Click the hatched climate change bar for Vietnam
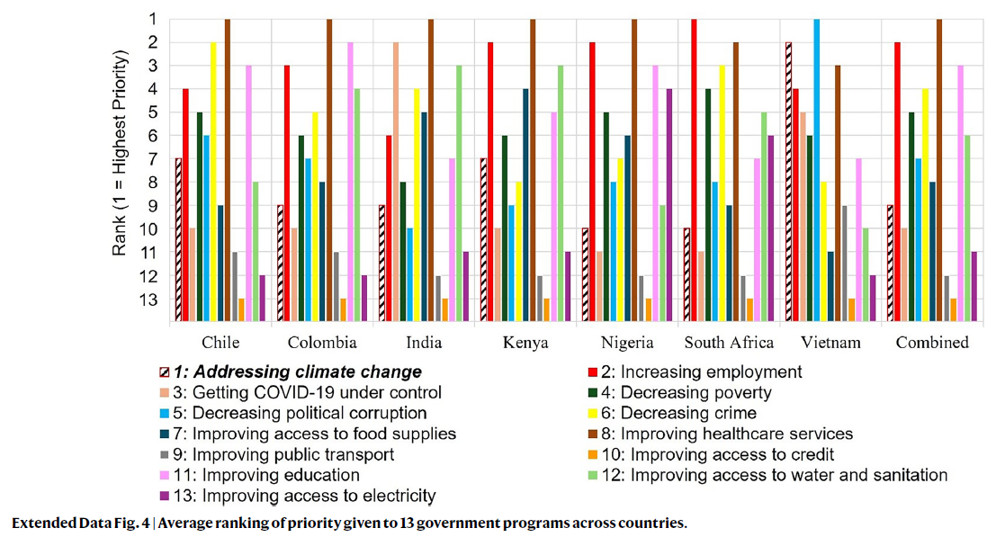pos(789,181)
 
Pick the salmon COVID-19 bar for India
pos(396,181)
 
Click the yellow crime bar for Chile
pos(213,181)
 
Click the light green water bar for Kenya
pos(561,192)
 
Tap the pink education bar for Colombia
pos(351,181)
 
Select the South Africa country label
pos(729,343)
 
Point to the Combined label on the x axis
pos(932,343)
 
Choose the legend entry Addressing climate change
pos(298,371)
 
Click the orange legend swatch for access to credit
pos(589,455)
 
